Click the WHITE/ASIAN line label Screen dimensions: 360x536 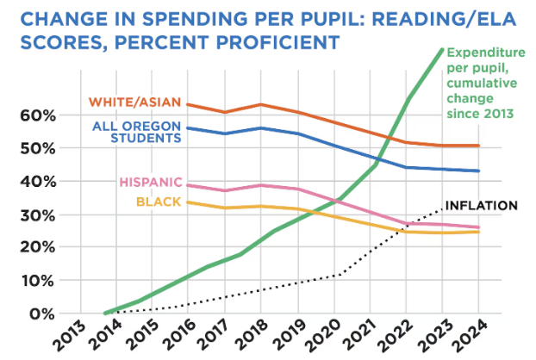[134, 102]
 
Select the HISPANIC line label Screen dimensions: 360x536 [150, 183]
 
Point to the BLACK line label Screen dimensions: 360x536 [159, 202]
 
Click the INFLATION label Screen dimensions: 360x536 [480, 205]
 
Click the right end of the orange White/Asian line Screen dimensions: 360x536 [479, 146]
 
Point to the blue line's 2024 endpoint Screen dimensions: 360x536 [479, 171]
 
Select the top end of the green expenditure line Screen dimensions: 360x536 [443, 49]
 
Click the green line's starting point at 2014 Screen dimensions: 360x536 [105, 313]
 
